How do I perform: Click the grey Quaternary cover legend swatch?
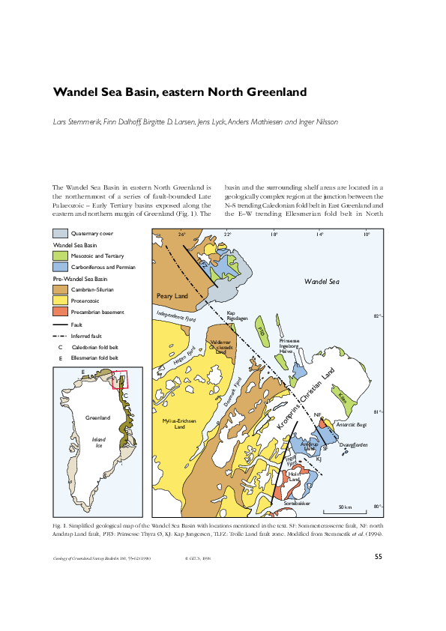(59, 234)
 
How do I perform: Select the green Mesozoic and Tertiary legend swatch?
(59, 256)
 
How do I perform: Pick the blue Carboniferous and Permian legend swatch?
(59, 267)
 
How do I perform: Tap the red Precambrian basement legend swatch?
(59, 312)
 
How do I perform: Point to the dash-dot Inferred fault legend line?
(59, 336)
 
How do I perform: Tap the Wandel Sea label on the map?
(322, 283)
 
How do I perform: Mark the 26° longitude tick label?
(181, 235)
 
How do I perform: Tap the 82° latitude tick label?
(378, 317)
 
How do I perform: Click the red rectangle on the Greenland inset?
(120, 380)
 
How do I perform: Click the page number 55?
(379, 556)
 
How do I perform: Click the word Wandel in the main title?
(79, 93)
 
